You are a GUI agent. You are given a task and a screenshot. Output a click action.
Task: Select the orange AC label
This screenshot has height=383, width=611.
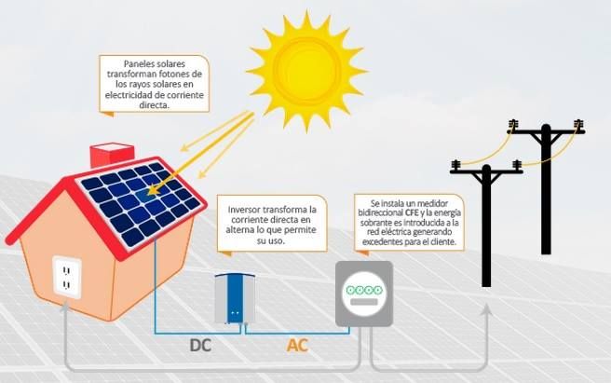[x=297, y=346]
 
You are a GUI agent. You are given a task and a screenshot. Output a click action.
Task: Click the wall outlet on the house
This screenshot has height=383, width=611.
[x=67, y=277]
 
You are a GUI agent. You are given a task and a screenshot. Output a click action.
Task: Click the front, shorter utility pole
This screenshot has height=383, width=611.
[x=485, y=224]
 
